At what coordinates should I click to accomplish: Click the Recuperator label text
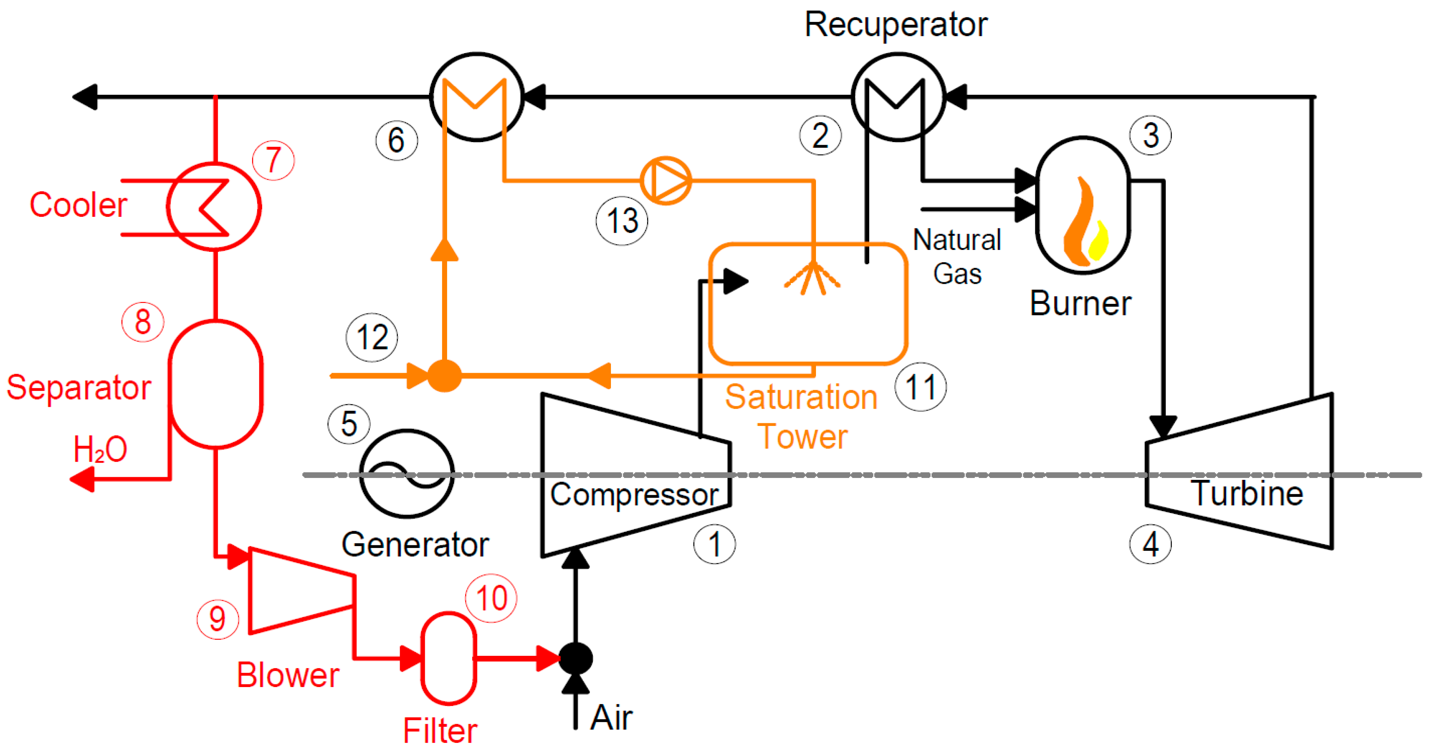(895, 25)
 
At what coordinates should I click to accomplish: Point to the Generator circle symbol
(407, 474)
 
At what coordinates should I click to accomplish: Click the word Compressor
(634, 495)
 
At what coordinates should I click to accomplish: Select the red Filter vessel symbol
(448, 658)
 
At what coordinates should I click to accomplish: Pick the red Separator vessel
(215, 384)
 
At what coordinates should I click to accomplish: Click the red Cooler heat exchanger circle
(214, 206)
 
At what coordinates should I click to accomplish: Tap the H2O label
(100, 450)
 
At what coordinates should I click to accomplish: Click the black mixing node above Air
(575, 658)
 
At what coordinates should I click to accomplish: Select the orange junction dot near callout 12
(444, 376)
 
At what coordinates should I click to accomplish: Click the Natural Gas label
(957, 256)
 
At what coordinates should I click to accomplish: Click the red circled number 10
(491, 598)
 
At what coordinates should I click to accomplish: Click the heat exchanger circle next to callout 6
(477, 97)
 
